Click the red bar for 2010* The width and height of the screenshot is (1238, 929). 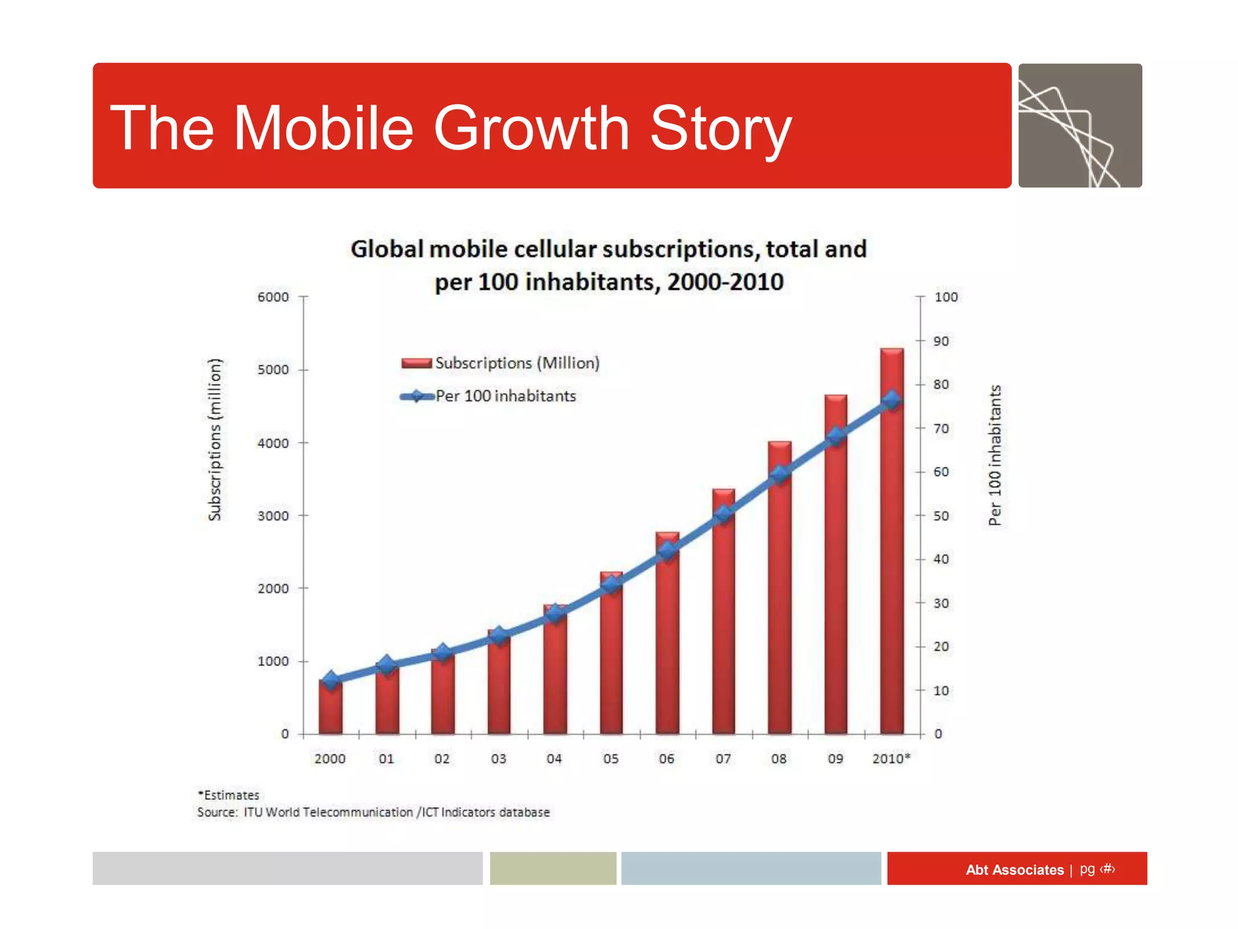892,544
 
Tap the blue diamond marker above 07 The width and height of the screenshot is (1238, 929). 724,515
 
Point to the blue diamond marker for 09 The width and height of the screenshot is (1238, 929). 836,436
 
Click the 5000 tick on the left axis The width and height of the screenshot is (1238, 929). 273,370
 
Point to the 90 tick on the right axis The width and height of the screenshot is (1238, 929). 941,341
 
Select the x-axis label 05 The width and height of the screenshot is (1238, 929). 611,758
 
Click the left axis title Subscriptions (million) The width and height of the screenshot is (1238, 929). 215,440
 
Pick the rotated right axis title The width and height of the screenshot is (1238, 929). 995,455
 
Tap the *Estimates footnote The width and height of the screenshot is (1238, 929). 228,795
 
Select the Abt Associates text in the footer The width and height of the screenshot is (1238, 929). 1014,870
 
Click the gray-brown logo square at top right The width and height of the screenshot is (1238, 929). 1080,126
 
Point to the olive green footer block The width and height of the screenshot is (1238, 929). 553,869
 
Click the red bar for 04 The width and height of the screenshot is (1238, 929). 555,671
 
